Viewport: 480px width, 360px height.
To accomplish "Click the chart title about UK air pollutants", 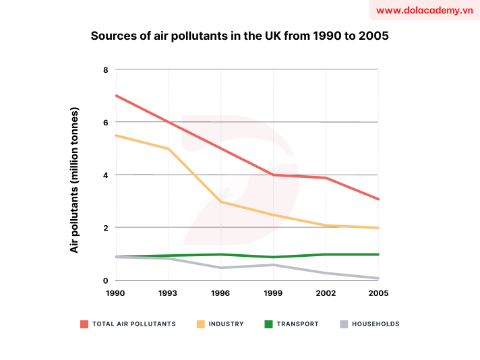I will (x=239, y=36).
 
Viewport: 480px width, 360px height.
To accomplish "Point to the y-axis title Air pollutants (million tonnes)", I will (x=75, y=180).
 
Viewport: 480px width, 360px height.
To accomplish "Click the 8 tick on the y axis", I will (x=105, y=69).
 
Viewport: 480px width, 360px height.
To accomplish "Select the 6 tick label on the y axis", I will (x=105, y=122).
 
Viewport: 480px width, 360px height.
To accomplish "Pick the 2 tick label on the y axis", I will (x=105, y=228).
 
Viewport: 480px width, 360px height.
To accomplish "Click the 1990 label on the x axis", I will (x=116, y=293).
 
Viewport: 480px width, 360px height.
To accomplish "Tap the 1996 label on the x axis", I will (x=220, y=293).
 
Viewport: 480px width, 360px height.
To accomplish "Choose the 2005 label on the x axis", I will (x=378, y=293).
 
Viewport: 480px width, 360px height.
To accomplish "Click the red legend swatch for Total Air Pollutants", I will (x=84, y=324).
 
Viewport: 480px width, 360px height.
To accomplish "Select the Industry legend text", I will (x=226, y=324).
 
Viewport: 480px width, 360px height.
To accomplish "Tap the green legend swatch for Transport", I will (x=268, y=324).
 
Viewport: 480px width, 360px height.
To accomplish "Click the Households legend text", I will (x=376, y=324).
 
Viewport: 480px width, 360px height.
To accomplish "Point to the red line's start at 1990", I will (x=116, y=95).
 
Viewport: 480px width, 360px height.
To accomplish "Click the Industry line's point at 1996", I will (x=220, y=202).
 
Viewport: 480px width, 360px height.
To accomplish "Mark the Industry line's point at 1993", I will (x=168, y=148).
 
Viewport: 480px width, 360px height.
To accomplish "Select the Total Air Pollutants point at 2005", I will (x=378, y=200).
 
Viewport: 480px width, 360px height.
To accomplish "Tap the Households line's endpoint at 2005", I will (x=378, y=278).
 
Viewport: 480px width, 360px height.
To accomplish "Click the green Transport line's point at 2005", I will (x=378, y=254).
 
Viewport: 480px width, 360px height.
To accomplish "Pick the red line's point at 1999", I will (x=273, y=175).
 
